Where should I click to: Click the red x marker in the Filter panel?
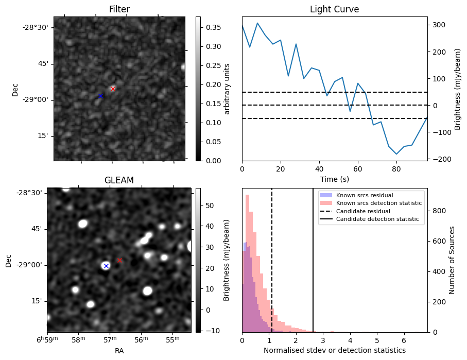[x=113, y=89]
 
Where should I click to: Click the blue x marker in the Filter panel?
[x=100, y=96]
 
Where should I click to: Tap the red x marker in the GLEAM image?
[x=119, y=260]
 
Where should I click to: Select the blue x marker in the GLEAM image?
[x=106, y=266]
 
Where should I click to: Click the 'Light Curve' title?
[x=334, y=9]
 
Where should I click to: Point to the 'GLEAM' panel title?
[x=119, y=180]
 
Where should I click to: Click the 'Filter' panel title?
[x=119, y=9]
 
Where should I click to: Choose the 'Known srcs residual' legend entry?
[x=364, y=195]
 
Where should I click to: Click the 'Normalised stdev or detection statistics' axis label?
[x=334, y=350]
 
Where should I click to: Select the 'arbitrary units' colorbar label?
[x=227, y=89]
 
